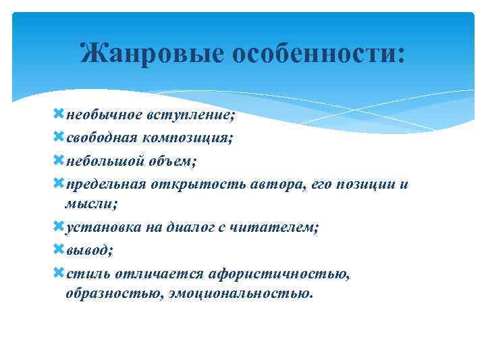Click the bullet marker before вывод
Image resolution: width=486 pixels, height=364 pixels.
pos(59,250)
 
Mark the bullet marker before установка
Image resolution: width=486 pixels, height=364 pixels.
pos(59,226)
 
